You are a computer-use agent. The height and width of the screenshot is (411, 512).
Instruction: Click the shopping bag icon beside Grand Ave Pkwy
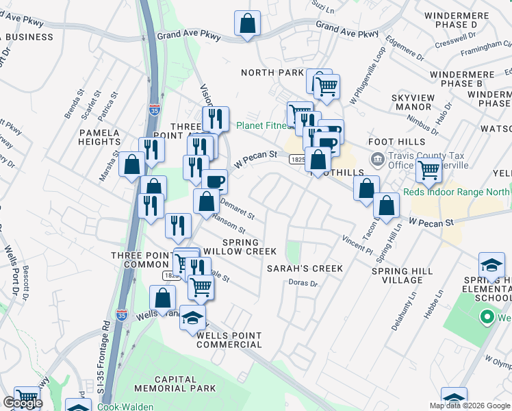248,24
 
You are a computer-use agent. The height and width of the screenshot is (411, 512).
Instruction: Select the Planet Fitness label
263,125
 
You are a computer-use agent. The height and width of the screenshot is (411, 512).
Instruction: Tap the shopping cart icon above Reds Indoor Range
428,169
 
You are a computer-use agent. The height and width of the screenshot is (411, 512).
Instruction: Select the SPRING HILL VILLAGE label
402,276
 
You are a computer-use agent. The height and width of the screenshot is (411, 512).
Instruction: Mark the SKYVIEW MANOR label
411,102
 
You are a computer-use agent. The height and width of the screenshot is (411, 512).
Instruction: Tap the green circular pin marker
487,317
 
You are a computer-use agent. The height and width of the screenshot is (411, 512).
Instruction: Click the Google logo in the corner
23,403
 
